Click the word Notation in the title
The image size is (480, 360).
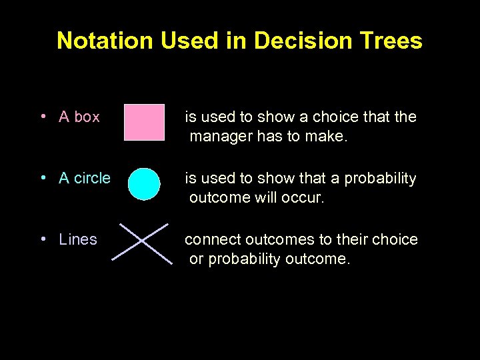[x=105, y=41]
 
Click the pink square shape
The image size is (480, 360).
[x=144, y=122]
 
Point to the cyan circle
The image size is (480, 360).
[x=144, y=183]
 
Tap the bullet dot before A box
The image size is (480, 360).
[x=42, y=117]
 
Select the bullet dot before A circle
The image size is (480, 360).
[x=42, y=178]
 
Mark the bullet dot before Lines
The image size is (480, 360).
[x=42, y=239]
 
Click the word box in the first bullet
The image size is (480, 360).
[x=87, y=117]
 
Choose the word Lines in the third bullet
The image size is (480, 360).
[x=78, y=240]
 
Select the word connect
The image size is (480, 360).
[x=211, y=240]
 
